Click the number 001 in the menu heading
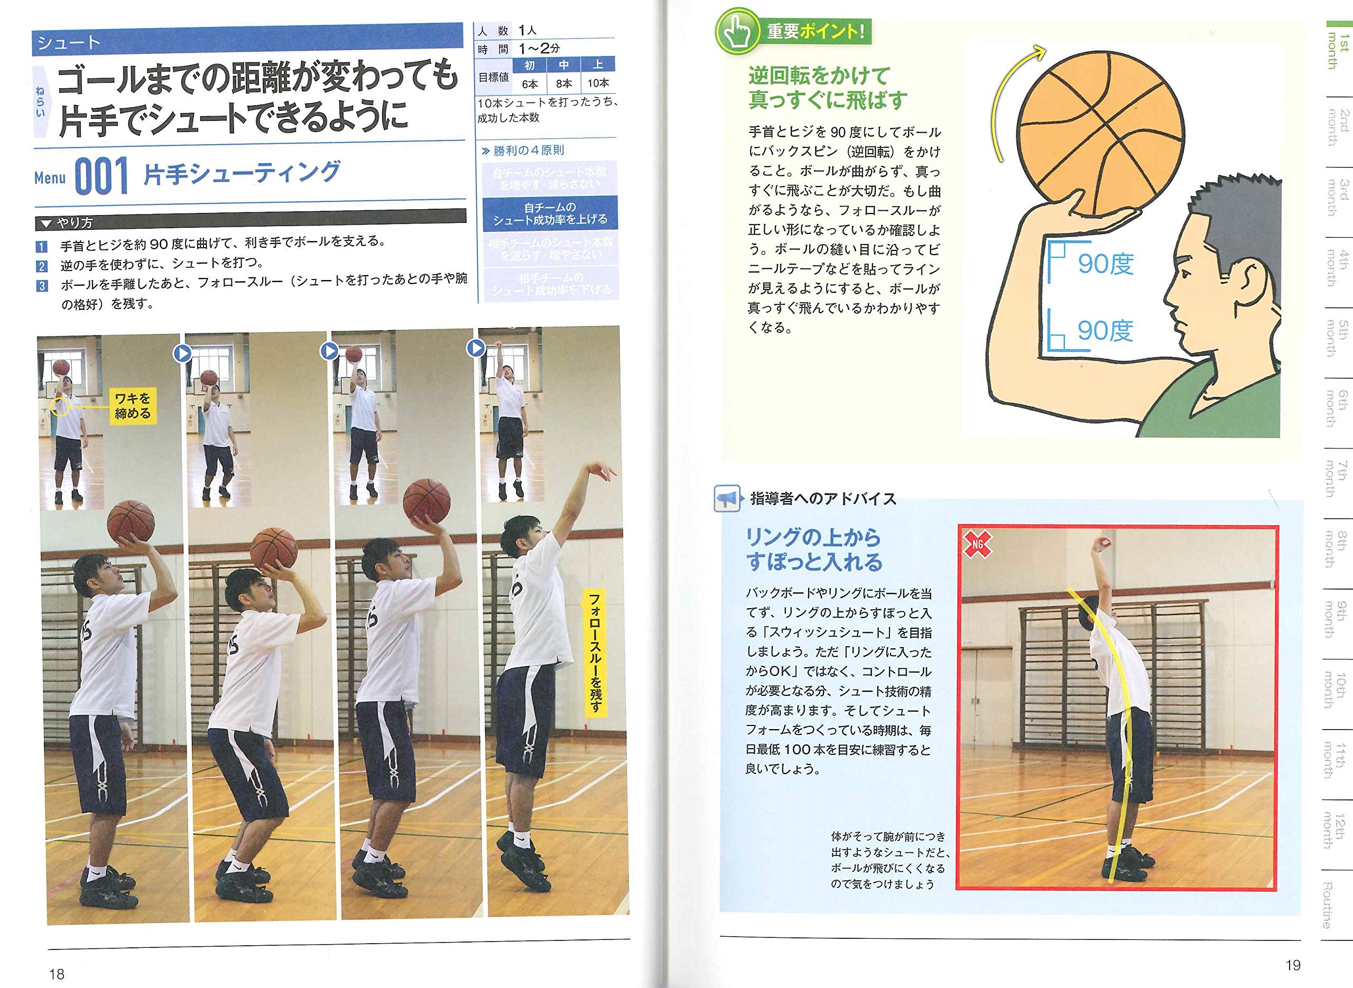(101, 176)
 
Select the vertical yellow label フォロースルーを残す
(595, 652)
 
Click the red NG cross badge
(977, 544)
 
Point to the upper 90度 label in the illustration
(1105, 263)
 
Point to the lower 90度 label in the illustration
(1105, 330)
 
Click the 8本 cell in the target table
(563, 83)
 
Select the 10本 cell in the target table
(598, 83)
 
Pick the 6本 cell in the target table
(530, 83)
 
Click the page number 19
(1293, 965)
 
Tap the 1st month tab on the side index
(1338, 51)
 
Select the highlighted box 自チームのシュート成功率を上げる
(550, 213)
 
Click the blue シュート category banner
(248, 41)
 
